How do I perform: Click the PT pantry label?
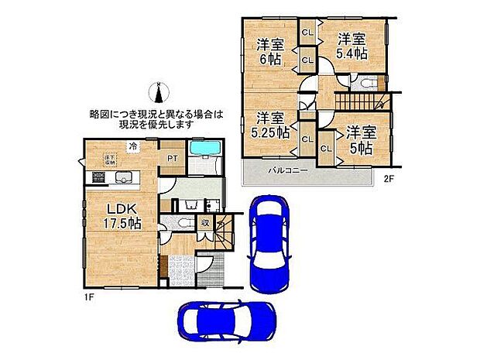[171, 158]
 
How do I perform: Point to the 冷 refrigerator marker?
[133, 145]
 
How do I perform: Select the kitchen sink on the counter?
[124, 178]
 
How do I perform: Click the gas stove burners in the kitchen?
[99, 178]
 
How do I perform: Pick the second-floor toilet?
[365, 83]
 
